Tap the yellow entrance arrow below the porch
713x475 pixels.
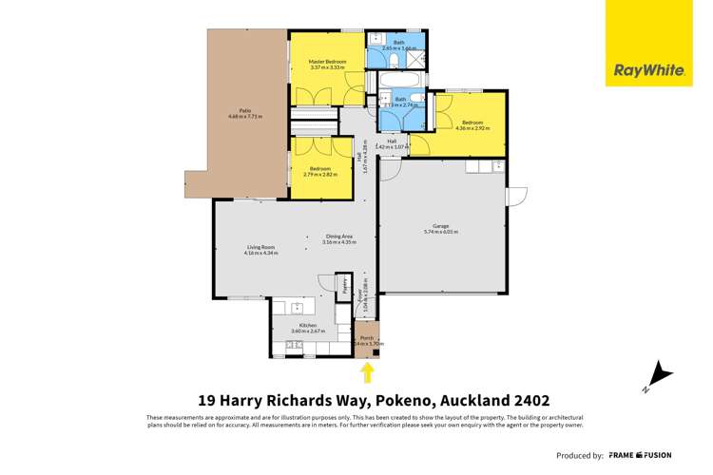(367, 370)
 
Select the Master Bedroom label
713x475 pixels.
(327, 65)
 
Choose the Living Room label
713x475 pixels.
(260, 249)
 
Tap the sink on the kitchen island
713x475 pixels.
(285, 307)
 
